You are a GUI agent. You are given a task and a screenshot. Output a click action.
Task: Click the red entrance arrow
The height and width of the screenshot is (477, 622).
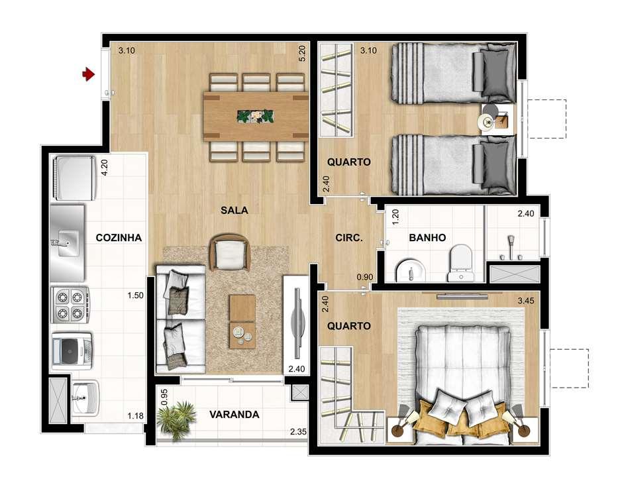[87, 75]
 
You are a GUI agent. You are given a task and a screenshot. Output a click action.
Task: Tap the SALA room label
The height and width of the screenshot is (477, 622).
[234, 210]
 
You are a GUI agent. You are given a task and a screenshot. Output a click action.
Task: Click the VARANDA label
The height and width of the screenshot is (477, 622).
[234, 415]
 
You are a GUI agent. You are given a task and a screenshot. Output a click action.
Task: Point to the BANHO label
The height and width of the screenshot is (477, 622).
[427, 237]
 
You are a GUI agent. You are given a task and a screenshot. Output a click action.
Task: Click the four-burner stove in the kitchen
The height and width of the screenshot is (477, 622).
[70, 304]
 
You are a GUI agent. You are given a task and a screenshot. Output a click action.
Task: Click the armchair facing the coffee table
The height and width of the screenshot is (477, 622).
[230, 253]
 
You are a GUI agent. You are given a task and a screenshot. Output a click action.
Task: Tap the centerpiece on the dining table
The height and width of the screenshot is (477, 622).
[255, 115]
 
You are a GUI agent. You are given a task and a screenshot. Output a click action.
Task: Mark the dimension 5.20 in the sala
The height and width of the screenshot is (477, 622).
[302, 53]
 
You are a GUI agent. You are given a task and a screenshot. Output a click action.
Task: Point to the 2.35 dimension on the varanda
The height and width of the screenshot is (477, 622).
[298, 434]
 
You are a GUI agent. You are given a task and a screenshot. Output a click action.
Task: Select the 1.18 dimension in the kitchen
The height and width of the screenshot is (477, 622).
[136, 416]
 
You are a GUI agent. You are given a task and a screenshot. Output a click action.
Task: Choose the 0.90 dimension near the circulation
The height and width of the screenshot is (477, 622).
[364, 277]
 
